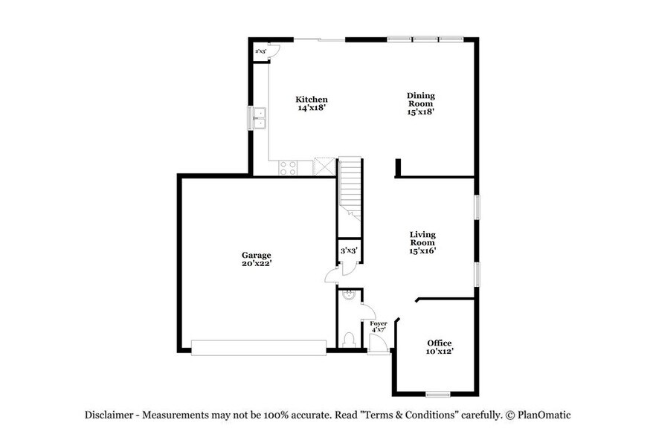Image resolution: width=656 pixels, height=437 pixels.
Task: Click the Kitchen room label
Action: [311, 103]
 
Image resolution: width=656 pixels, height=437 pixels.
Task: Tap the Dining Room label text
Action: [420, 103]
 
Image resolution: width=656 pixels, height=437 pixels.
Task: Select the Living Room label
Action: [422, 242]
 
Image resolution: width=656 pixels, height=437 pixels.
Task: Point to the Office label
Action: [439, 346]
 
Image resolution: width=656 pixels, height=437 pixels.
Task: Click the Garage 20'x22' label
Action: [255, 259]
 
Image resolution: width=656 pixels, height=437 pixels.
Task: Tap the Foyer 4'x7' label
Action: [379, 327]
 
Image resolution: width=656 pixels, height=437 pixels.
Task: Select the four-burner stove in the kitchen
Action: [288, 168]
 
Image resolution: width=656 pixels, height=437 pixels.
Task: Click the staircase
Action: [350, 186]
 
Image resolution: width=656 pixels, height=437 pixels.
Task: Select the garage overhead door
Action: [258, 347]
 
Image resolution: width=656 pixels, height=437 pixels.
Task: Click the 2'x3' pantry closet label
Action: [260, 52]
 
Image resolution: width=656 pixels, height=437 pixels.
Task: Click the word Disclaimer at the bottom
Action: [109, 415]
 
